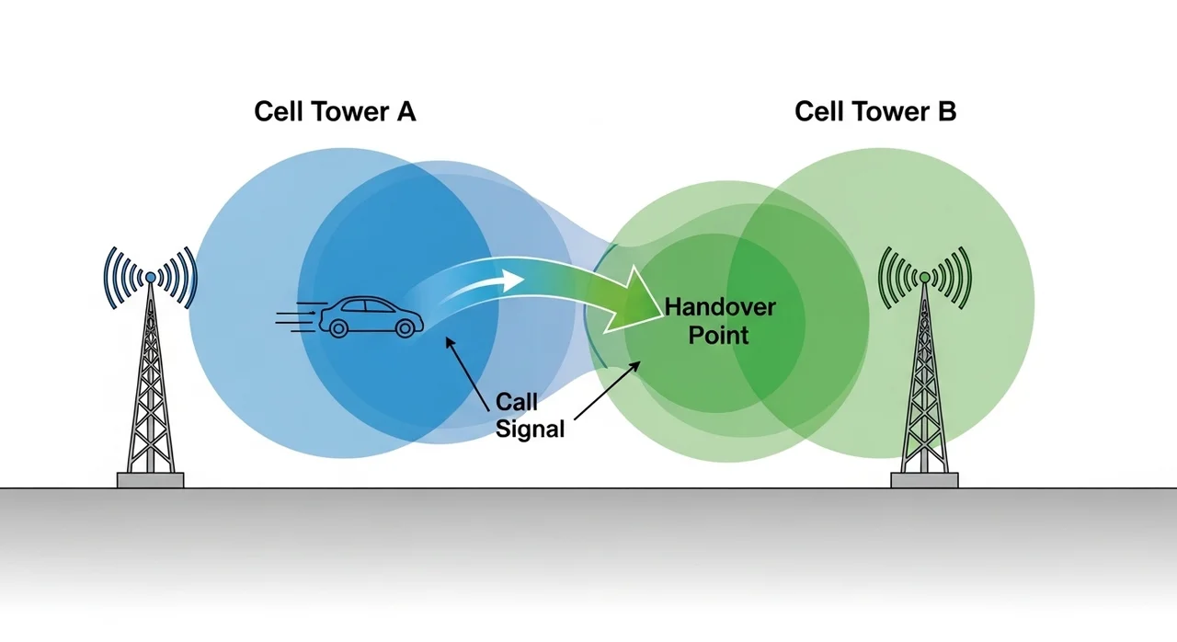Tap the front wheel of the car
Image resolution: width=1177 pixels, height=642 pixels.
coord(403,327)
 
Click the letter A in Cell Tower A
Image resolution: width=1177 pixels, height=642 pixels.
coord(406,112)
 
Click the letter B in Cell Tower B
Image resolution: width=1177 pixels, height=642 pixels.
coord(947,112)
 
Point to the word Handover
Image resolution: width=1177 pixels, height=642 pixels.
coord(719,307)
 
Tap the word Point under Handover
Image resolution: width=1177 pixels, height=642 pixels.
coord(718,334)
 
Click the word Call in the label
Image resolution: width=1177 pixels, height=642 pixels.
coord(517,402)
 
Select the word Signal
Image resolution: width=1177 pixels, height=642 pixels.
coord(530,429)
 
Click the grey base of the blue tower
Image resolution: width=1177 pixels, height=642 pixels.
coord(150,479)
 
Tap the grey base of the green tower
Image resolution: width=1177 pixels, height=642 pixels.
coord(924,479)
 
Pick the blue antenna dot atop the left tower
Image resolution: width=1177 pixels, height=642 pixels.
coord(150,276)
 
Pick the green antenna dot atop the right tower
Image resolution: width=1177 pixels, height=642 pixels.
coord(924,276)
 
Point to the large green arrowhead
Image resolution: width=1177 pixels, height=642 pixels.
coord(634,301)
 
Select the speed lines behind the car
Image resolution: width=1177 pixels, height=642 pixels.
coord(296,318)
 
